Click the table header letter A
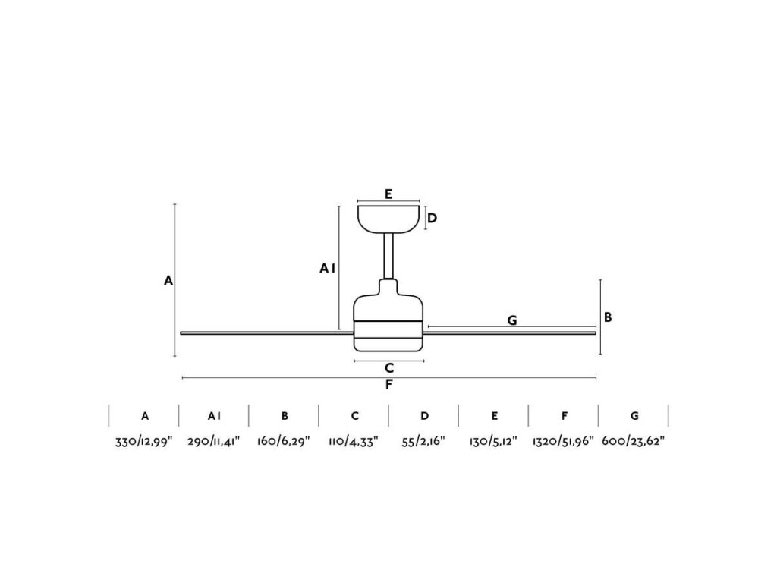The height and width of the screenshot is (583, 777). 144,416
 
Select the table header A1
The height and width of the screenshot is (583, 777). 214,416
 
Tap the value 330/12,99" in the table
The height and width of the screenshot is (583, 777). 144,441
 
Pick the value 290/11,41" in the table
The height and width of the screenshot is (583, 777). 214,441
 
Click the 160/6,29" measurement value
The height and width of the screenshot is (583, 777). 285,441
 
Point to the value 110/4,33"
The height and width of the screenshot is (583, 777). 354,441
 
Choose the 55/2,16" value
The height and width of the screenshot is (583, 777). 424,441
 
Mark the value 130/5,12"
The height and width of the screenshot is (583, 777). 494,441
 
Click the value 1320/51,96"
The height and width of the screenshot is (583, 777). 564,441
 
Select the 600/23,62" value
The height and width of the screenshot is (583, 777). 634,441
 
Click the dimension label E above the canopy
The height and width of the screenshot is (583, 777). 388,194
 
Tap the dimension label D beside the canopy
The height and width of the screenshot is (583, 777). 432,219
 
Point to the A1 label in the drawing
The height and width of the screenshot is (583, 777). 327,268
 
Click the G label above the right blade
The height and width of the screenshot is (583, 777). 512,320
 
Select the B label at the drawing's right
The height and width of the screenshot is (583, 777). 608,317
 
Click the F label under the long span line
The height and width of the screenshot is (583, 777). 388,384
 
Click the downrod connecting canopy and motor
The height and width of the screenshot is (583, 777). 389,255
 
